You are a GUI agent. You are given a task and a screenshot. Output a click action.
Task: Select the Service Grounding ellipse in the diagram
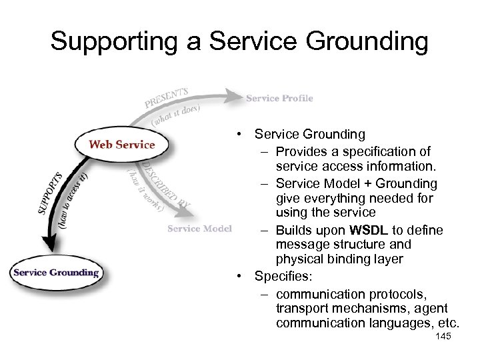point(56,272)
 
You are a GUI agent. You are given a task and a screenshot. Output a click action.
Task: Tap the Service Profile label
point(279,99)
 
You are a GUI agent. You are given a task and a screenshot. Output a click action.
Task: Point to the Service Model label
point(199,229)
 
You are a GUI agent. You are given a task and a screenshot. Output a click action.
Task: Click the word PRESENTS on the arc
point(167,97)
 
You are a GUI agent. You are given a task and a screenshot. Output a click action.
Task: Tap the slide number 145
point(443,337)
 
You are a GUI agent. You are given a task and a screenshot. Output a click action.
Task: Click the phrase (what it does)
point(176,115)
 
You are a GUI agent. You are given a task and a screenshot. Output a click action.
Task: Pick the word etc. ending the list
point(449,323)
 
